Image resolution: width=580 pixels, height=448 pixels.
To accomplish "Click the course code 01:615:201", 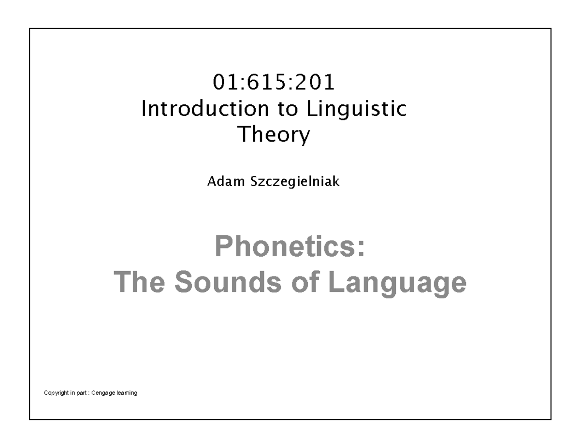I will (274, 83).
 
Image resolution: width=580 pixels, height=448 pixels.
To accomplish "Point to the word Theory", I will (274, 135).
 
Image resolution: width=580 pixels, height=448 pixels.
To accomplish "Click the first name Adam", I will (222, 182).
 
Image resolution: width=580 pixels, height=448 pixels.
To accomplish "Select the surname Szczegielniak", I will (290, 182).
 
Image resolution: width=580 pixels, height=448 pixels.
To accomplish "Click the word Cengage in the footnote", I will (106, 393).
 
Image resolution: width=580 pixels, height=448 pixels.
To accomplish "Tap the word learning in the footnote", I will (127, 393).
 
